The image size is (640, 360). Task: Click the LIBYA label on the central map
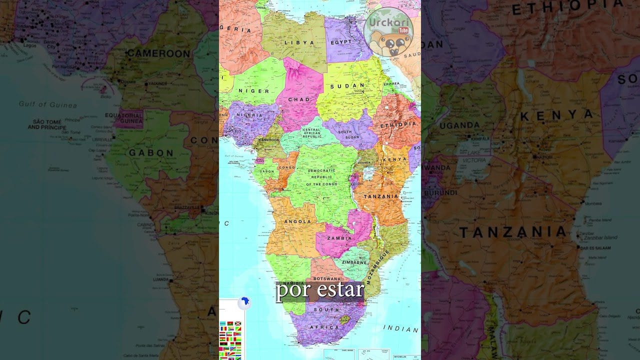pos(299,43)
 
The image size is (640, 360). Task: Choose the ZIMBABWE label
pos(354,262)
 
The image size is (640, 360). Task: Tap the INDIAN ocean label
pos(400,328)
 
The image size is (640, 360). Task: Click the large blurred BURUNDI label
pos(440,192)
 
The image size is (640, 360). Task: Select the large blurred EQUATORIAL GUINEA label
pos(124,118)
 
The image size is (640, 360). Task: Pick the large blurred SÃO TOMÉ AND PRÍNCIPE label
pos(47,124)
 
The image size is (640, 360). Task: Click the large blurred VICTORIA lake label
pos(474,160)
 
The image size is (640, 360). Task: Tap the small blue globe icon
pos(244,302)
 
